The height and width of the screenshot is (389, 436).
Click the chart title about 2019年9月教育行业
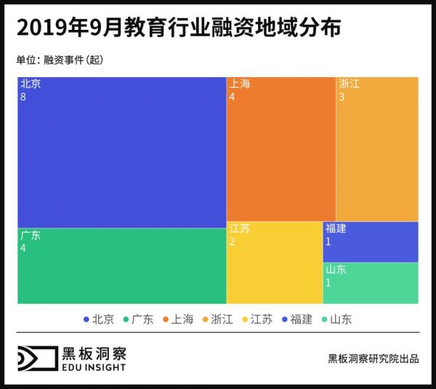point(178,28)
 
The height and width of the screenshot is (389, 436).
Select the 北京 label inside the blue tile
point(31,84)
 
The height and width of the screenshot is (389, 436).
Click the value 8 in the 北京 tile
point(23,97)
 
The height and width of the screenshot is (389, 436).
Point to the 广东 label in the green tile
point(31,235)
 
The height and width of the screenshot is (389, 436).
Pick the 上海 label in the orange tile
point(239,84)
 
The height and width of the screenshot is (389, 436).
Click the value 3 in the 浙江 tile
point(342,97)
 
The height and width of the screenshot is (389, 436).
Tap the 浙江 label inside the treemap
point(349,84)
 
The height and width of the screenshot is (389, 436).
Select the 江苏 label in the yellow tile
point(239,228)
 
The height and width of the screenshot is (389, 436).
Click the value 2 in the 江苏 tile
point(232,241)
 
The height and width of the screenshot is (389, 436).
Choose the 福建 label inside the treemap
point(336,228)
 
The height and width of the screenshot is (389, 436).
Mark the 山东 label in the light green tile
point(336,269)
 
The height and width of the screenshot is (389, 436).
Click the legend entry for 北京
point(99,319)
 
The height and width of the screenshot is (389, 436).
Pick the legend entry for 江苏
point(257,319)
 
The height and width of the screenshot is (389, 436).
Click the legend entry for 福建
point(296,319)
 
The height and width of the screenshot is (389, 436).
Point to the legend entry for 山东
point(335,319)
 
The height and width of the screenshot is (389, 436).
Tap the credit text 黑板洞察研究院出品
point(373,358)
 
